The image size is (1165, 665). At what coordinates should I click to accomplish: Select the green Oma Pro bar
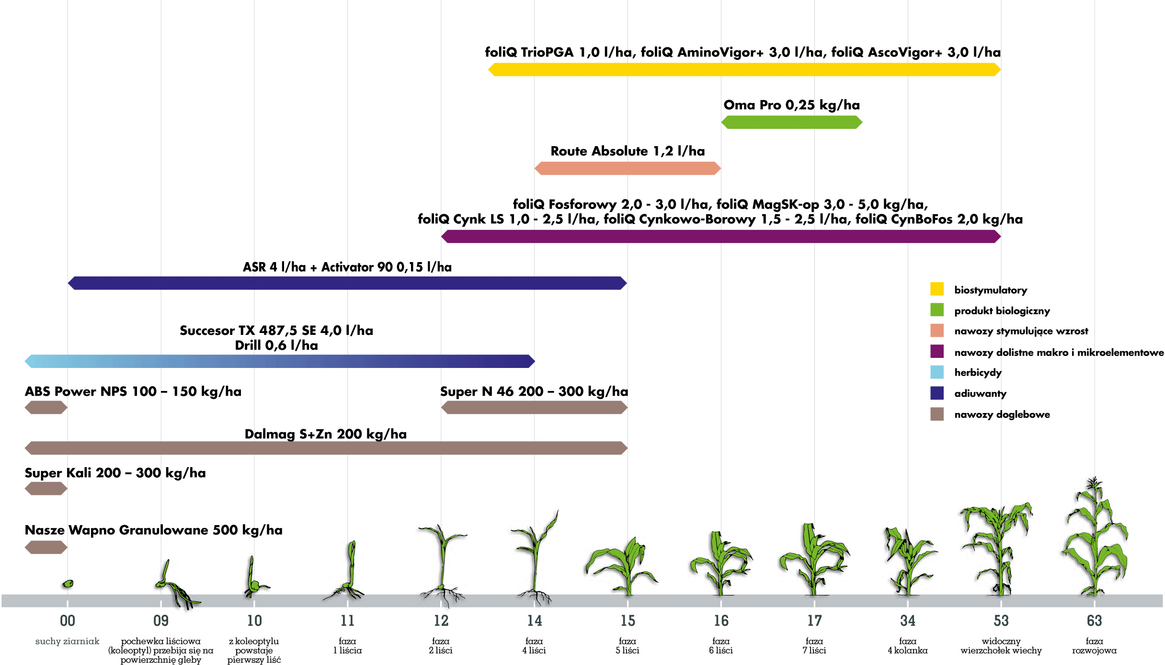pyautogui.click(x=791, y=123)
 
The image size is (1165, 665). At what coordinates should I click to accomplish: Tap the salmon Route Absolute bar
pyautogui.click(x=627, y=168)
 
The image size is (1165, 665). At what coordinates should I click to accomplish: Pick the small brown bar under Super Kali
pyautogui.click(x=46, y=489)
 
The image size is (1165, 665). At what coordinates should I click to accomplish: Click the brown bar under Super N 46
pyautogui.click(x=534, y=408)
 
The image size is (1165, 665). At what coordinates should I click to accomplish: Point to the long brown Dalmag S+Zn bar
pyautogui.click(x=326, y=448)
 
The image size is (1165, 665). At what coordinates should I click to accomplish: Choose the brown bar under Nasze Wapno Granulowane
pyautogui.click(x=46, y=547)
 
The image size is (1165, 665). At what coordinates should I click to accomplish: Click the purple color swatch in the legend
pyautogui.click(x=937, y=352)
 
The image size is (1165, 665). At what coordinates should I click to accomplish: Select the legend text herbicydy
pyautogui.click(x=978, y=372)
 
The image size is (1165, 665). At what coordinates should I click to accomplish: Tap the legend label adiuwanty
pyautogui.click(x=980, y=393)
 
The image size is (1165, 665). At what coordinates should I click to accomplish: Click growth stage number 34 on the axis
pyautogui.click(x=907, y=621)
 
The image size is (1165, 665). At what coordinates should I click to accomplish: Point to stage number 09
pyautogui.click(x=161, y=621)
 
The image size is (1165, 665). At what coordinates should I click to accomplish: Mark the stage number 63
pyautogui.click(x=1094, y=621)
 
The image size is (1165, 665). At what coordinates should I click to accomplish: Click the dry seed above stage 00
pyautogui.click(x=68, y=584)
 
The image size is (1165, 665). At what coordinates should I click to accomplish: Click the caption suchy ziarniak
pyautogui.click(x=67, y=642)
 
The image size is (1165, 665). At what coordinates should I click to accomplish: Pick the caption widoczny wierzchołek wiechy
pyautogui.click(x=1001, y=646)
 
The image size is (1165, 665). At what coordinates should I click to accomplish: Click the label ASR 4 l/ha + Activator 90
pyautogui.click(x=347, y=267)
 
